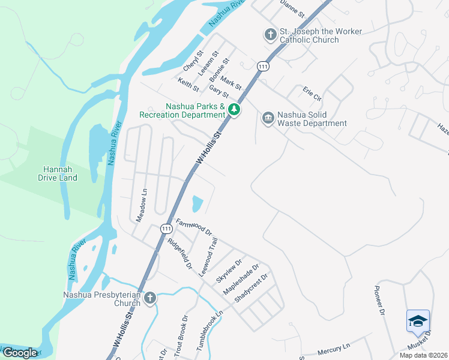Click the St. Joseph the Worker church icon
click(x=270, y=34)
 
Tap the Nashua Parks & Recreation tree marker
click(x=234, y=110)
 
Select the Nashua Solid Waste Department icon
click(x=268, y=118)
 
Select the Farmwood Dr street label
click(x=194, y=226)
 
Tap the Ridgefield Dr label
click(x=179, y=254)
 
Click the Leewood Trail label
click(x=208, y=257)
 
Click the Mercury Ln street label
click(x=334, y=348)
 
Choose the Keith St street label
click(x=188, y=84)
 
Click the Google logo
click(x=20, y=352)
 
